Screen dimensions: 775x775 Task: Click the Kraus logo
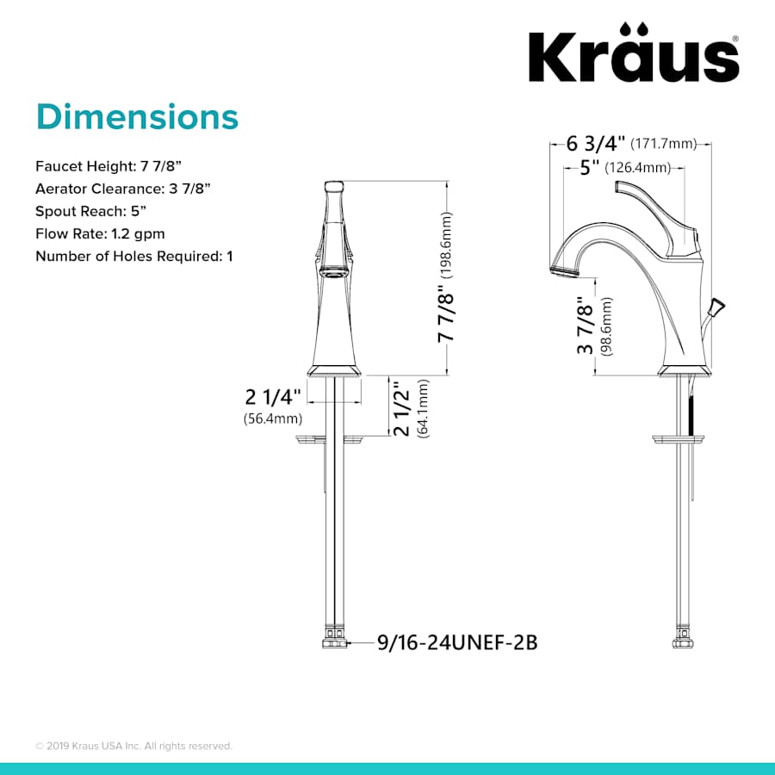pyautogui.click(x=632, y=57)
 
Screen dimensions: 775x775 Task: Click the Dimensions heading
pyautogui.click(x=136, y=116)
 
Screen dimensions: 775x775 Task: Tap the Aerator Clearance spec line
pyautogui.click(x=123, y=188)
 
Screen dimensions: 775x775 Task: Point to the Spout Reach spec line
pyautogui.click(x=91, y=211)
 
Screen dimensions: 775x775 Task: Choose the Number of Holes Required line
pyautogui.click(x=133, y=256)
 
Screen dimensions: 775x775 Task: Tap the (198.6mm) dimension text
pyautogui.click(x=447, y=244)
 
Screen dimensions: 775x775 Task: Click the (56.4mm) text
pyautogui.click(x=273, y=419)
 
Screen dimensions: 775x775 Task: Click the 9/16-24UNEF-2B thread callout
pyautogui.click(x=457, y=642)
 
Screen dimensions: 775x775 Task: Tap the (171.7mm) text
pyautogui.click(x=663, y=144)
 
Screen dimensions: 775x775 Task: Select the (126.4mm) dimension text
pyautogui.click(x=638, y=167)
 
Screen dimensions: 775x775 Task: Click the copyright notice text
pyautogui.click(x=133, y=746)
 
